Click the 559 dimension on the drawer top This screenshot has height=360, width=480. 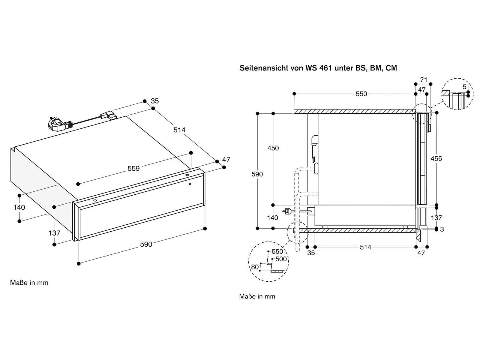point(133,169)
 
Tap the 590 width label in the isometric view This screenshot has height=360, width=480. point(146,244)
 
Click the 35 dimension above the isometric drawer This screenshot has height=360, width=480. point(155,101)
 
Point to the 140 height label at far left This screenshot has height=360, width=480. point(19,207)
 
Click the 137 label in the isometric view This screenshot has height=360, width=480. point(54,233)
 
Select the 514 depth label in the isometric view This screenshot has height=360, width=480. point(179,130)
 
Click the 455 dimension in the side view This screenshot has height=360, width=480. point(436,159)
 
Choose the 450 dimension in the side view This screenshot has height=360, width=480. point(273,148)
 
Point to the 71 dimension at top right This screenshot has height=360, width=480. point(424,80)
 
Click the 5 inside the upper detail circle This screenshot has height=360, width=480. point(464,87)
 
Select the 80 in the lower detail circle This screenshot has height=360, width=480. point(255,267)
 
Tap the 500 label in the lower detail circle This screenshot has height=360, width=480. point(281,259)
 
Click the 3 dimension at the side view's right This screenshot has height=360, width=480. point(442,229)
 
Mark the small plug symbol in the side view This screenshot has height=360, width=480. point(287,211)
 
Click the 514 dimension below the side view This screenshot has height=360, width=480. point(365,247)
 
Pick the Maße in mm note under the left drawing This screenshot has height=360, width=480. point(29,283)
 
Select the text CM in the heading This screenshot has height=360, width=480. point(391,68)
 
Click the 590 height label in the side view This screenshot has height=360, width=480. point(257,174)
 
